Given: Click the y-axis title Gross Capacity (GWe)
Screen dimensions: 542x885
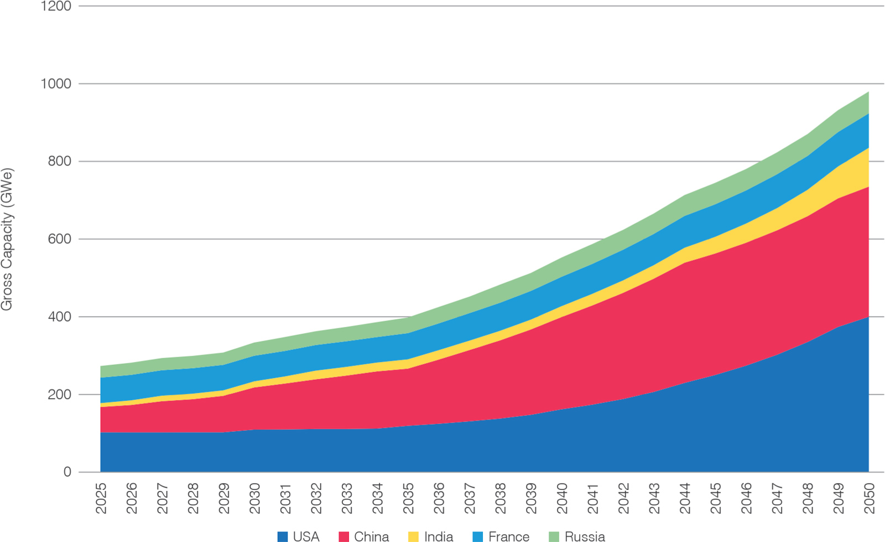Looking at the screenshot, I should [x=7, y=239].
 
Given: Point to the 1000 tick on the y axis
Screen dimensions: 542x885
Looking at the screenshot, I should [x=56, y=84].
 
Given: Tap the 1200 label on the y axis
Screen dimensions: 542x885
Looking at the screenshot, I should [x=56, y=6].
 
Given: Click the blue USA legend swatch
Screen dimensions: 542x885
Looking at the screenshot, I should [x=283, y=536].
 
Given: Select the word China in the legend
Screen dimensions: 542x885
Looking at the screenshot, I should [x=371, y=536].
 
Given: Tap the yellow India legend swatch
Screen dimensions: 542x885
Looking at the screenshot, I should [x=413, y=536].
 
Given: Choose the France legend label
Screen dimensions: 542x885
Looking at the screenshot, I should [x=509, y=536].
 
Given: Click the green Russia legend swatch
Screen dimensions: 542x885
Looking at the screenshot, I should [x=554, y=536].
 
